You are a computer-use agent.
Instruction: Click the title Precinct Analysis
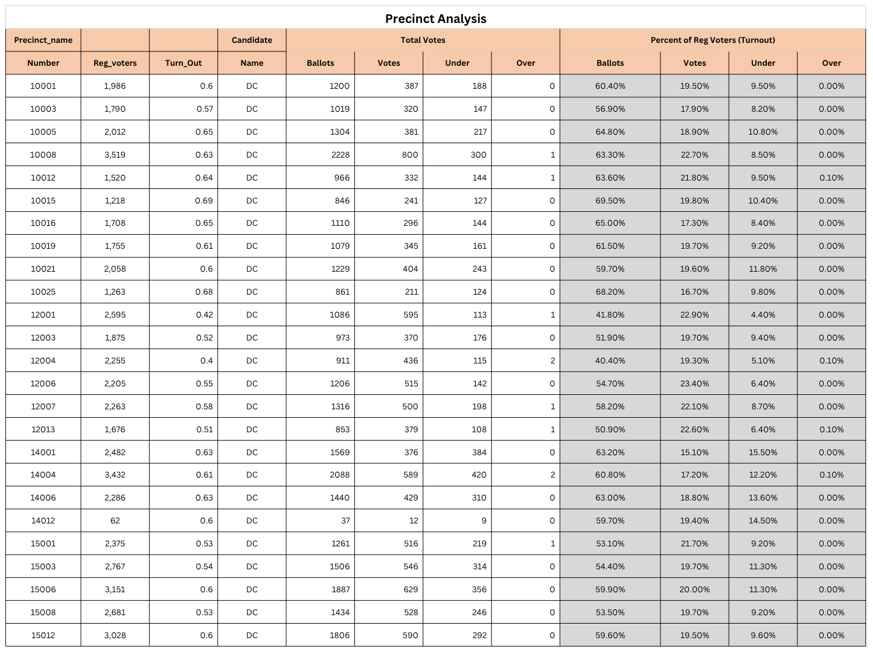click(x=435, y=19)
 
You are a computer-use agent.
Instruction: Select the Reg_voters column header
click(x=115, y=63)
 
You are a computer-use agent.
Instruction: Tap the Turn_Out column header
click(x=184, y=63)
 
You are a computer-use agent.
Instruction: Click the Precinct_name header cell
click(x=43, y=40)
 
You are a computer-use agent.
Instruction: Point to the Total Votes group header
click(x=423, y=40)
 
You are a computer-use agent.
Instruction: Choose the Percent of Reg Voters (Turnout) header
click(x=712, y=40)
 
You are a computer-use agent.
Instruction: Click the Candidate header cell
click(x=252, y=40)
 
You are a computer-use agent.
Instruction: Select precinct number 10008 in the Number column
click(x=43, y=155)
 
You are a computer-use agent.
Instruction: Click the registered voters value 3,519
click(x=115, y=155)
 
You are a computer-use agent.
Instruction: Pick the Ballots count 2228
click(x=340, y=155)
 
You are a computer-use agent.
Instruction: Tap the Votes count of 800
click(x=410, y=155)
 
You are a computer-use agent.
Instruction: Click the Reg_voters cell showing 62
click(x=115, y=520)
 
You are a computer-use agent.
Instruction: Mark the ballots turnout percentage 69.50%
click(x=610, y=200)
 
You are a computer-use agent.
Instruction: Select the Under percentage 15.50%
click(x=763, y=452)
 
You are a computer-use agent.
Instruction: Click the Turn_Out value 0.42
click(x=204, y=315)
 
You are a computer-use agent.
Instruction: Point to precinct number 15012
click(x=43, y=635)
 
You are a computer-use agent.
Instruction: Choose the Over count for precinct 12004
click(x=552, y=360)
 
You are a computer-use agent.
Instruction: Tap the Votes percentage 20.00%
click(x=694, y=589)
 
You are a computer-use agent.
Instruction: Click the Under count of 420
click(x=479, y=475)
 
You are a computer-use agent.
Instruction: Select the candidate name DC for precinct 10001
click(x=252, y=86)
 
